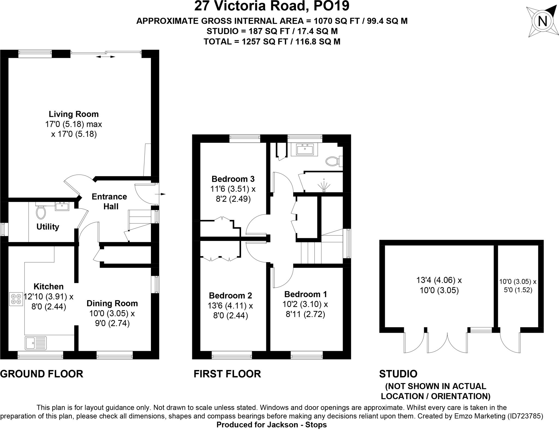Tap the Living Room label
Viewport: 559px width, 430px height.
[74, 114]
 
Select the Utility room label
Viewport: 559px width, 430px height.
[48, 227]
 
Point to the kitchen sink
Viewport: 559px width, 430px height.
[36, 343]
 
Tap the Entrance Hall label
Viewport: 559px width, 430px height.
[109, 201]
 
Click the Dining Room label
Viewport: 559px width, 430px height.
[112, 303]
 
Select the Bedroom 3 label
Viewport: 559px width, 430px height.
[233, 179]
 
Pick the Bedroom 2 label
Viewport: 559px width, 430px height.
[231, 295]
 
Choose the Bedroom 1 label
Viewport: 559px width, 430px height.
[305, 294]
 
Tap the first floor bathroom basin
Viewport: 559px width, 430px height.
[304, 150]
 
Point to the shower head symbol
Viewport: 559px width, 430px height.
[324, 185]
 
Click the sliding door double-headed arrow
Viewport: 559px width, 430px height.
[105, 57]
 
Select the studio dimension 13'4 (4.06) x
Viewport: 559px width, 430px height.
[439, 280]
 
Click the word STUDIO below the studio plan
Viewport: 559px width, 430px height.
[398, 374]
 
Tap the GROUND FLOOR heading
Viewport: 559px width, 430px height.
[41, 374]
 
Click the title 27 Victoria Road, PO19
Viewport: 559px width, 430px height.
[272, 6]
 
